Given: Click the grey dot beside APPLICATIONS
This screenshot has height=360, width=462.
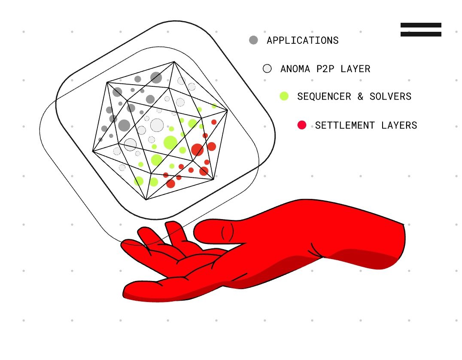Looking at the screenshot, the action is click(x=253, y=40).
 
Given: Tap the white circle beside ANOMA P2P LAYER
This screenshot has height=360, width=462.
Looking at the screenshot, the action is click(x=267, y=69).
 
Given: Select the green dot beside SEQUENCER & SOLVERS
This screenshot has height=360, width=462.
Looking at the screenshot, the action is click(x=284, y=96).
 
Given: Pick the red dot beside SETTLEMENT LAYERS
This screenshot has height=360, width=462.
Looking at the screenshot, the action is click(x=302, y=125).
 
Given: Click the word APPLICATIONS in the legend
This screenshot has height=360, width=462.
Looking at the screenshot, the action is click(x=303, y=40).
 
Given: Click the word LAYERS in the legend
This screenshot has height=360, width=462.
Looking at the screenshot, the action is click(x=399, y=125).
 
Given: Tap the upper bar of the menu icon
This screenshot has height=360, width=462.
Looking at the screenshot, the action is click(x=421, y=25).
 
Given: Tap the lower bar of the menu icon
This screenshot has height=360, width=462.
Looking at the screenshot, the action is click(x=421, y=34).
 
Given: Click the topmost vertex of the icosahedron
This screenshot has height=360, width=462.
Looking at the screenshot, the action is click(x=174, y=61).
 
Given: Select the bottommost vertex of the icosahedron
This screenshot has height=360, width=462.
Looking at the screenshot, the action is click(x=146, y=200).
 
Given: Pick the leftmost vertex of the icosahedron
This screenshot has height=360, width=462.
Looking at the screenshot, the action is click(x=93, y=151).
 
